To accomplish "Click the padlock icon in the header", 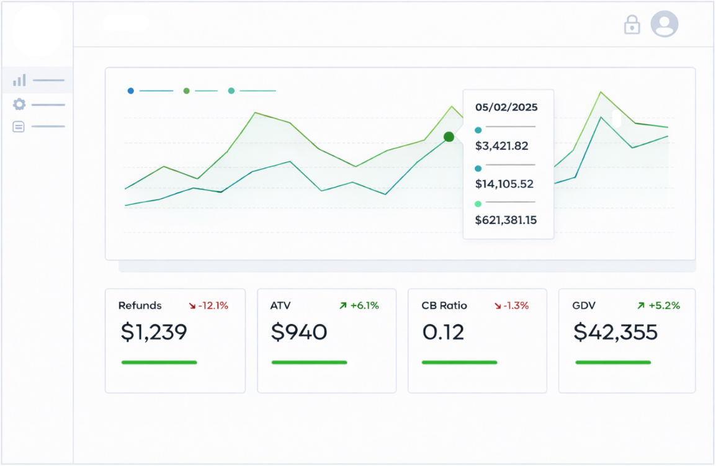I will pyautogui.click(x=632, y=25).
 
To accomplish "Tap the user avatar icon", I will pyautogui.click(x=664, y=24).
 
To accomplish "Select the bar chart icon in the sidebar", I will pyautogui.click(x=19, y=80).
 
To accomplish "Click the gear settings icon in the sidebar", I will pyautogui.click(x=19, y=104).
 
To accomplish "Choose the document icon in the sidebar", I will pyautogui.click(x=19, y=127).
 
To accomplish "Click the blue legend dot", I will pyautogui.click(x=131, y=91).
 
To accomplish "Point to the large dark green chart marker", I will pyautogui.click(x=449, y=137).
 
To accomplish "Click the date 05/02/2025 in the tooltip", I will pyautogui.click(x=506, y=107).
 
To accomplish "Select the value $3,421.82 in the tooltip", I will pyautogui.click(x=501, y=146).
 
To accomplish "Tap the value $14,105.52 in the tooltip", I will pyautogui.click(x=504, y=184).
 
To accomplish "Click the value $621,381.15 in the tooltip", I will pyautogui.click(x=506, y=220).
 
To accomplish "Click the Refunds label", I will pyautogui.click(x=140, y=305).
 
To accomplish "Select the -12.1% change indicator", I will pyautogui.click(x=208, y=305).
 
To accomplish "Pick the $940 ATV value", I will pyautogui.click(x=299, y=332).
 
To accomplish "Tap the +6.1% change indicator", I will pyautogui.click(x=359, y=305).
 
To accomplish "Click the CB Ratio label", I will pyautogui.click(x=444, y=305).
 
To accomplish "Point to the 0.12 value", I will pyautogui.click(x=443, y=332).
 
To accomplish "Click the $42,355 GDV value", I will pyautogui.click(x=615, y=332).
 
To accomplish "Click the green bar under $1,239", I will pyautogui.click(x=159, y=362).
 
